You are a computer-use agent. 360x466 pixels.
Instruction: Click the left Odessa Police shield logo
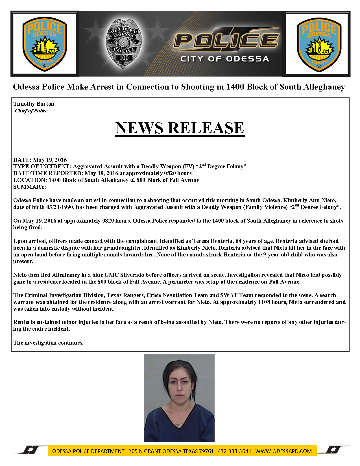(45, 44)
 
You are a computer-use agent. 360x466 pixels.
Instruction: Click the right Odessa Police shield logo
(317, 44)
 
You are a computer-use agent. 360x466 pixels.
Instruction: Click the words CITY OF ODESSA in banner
(224, 59)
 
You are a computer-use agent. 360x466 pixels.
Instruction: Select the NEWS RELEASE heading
(180, 128)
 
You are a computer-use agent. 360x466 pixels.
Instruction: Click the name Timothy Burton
(34, 104)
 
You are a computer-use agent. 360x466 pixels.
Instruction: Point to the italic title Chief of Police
(31, 111)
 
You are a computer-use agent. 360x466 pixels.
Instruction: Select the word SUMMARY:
(30, 187)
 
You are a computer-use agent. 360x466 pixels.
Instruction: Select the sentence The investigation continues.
(48, 343)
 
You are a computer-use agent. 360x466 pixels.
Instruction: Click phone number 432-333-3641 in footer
(234, 451)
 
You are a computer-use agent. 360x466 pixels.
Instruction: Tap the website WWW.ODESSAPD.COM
(283, 451)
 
